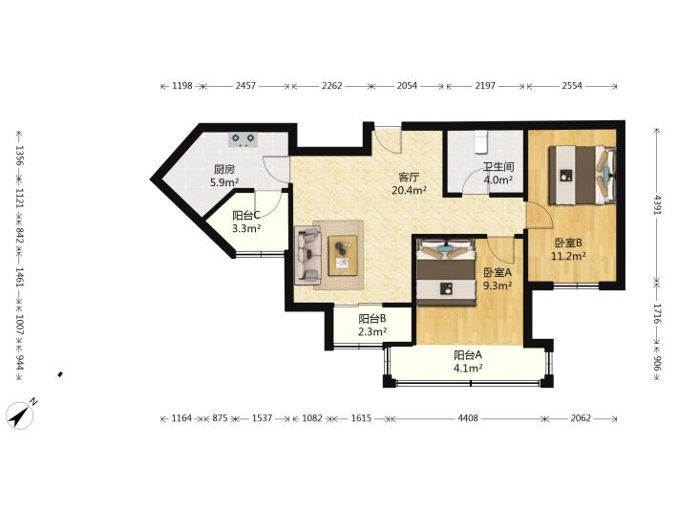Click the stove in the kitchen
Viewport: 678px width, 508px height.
243,139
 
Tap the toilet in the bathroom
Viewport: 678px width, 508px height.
481,142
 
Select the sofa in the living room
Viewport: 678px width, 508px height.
308,255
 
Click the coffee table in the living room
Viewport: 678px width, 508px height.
343,255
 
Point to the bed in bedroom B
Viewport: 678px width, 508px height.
583,175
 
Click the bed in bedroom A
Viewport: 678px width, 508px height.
446,272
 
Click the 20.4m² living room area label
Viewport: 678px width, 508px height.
409,190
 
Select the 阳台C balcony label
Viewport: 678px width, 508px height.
246,215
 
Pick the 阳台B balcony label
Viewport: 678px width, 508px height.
371,319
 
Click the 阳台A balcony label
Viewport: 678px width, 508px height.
467,355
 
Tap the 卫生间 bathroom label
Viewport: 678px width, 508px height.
498,167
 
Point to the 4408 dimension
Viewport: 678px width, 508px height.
468,418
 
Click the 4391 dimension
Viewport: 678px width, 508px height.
657,206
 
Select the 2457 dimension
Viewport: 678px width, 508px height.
245,86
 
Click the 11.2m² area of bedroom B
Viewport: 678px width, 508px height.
568,256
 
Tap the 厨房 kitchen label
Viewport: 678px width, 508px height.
224,169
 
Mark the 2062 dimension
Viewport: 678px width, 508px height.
581,418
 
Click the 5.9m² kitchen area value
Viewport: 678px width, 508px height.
224,182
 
